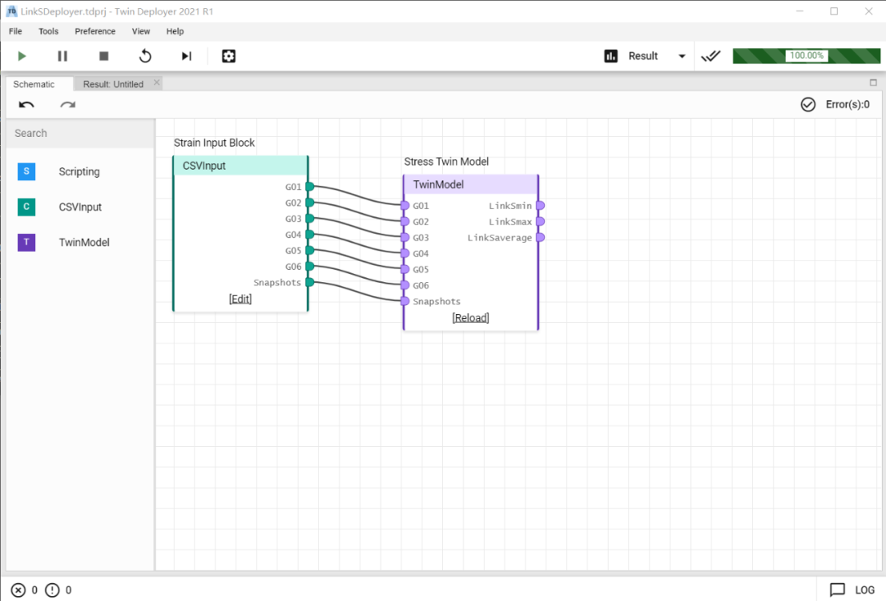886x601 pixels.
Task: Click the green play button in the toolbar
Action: pyautogui.click(x=22, y=56)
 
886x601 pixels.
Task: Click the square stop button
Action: pyautogui.click(x=103, y=56)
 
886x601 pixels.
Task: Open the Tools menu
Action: pyautogui.click(x=48, y=31)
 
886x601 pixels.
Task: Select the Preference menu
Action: pyautogui.click(x=95, y=31)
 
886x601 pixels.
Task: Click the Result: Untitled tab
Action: pyautogui.click(x=113, y=84)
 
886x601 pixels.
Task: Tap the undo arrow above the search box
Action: pyautogui.click(x=26, y=104)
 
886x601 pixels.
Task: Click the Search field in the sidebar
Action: pyautogui.click(x=80, y=134)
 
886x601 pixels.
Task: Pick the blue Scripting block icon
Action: pyautogui.click(x=26, y=171)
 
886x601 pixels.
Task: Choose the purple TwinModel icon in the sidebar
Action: pyautogui.click(x=26, y=243)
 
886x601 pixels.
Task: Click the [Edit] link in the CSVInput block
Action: pyautogui.click(x=240, y=298)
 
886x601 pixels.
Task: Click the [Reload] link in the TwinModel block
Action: pyautogui.click(x=471, y=317)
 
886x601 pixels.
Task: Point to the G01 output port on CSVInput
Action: pyautogui.click(x=309, y=186)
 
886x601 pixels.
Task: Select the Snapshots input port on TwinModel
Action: pyautogui.click(x=404, y=301)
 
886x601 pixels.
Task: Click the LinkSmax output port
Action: pyautogui.click(x=540, y=221)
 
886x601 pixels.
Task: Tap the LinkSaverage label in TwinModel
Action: pyautogui.click(x=500, y=238)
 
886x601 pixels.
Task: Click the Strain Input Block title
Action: pyautogui.click(x=214, y=143)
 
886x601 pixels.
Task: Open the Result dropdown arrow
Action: pyautogui.click(x=682, y=56)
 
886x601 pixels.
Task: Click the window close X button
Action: pyautogui.click(x=869, y=11)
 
